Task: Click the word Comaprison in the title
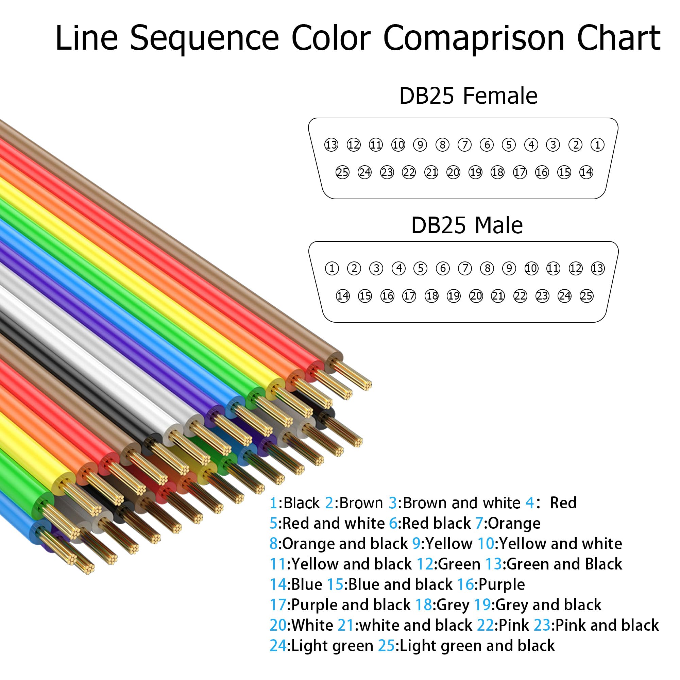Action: pyautogui.click(x=474, y=38)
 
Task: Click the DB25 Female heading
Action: pyautogui.click(x=468, y=96)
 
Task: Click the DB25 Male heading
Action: pyautogui.click(x=467, y=225)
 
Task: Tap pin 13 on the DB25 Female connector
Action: pyautogui.click(x=331, y=144)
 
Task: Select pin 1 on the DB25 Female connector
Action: pyautogui.click(x=597, y=144)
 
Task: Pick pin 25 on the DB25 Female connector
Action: pyautogui.click(x=342, y=172)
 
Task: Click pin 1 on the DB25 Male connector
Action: pyautogui.click(x=331, y=268)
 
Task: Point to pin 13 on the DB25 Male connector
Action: pyautogui.click(x=598, y=268)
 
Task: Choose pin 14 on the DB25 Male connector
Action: pyautogui.click(x=343, y=296)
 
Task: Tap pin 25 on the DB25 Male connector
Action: pyautogui.click(x=586, y=296)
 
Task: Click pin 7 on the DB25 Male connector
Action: pyautogui.click(x=464, y=268)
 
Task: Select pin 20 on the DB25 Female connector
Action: pyautogui.click(x=453, y=172)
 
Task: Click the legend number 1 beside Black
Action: pyautogui.click(x=273, y=503)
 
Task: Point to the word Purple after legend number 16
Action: pyautogui.click(x=502, y=584)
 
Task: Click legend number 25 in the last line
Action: pyautogui.click(x=386, y=646)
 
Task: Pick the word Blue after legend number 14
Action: pyautogui.click(x=307, y=584)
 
